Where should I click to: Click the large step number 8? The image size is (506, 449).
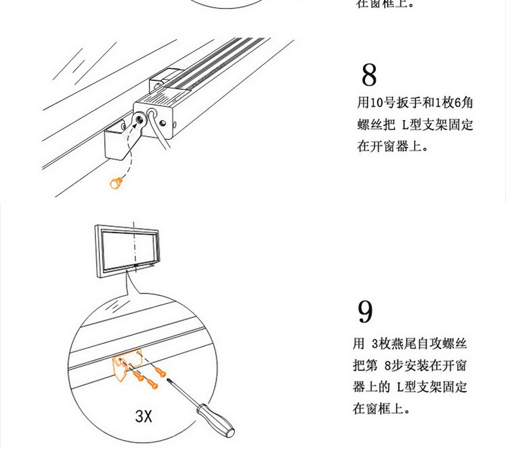(x=369, y=75)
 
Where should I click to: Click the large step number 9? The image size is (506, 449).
(x=366, y=312)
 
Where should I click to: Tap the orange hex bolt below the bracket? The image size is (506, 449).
(x=116, y=183)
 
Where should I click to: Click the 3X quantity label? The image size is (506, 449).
(x=144, y=416)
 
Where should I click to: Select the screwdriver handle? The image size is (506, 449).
(x=216, y=420)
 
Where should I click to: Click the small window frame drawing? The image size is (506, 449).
(x=127, y=252)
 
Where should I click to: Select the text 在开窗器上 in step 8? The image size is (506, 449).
(x=389, y=146)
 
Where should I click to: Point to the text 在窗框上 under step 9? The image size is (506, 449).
(x=378, y=409)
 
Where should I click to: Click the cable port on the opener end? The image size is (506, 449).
(x=152, y=114)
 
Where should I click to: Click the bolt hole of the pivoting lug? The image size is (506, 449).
(x=140, y=118)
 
